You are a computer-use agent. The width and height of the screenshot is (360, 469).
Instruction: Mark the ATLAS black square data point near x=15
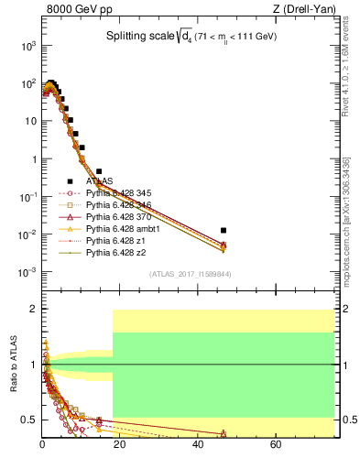pos(99,171)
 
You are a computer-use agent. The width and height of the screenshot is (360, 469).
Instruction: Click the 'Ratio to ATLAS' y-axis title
pos(14,365)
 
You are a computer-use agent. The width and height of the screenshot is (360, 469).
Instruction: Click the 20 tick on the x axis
pos(120,444)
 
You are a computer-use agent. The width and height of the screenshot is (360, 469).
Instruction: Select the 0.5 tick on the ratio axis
pos(29,420)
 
